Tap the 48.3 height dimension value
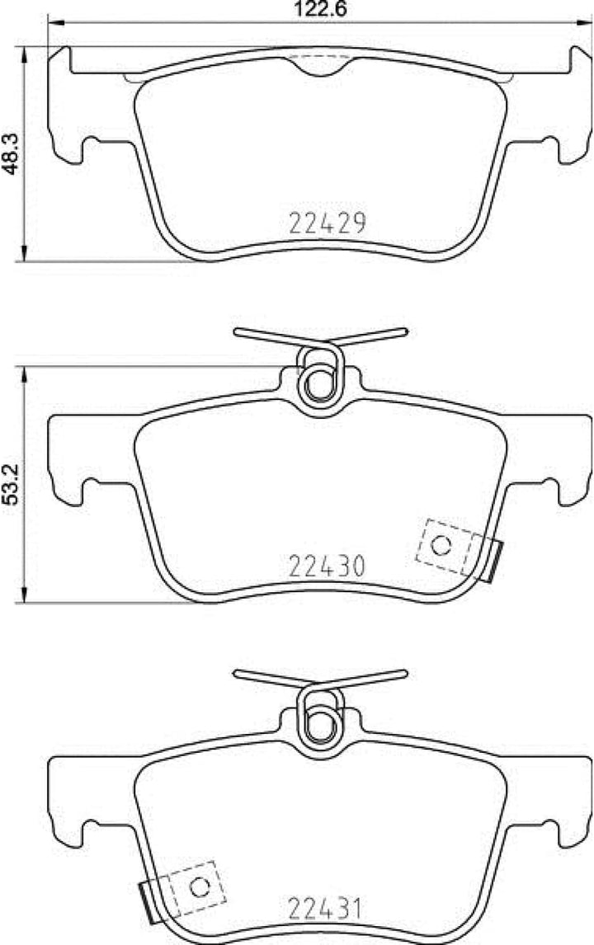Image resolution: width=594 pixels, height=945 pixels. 11,154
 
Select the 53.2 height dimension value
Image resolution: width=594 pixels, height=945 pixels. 11,486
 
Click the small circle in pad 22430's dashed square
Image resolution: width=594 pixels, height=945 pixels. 441,545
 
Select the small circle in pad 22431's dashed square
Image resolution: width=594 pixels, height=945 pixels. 199,887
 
